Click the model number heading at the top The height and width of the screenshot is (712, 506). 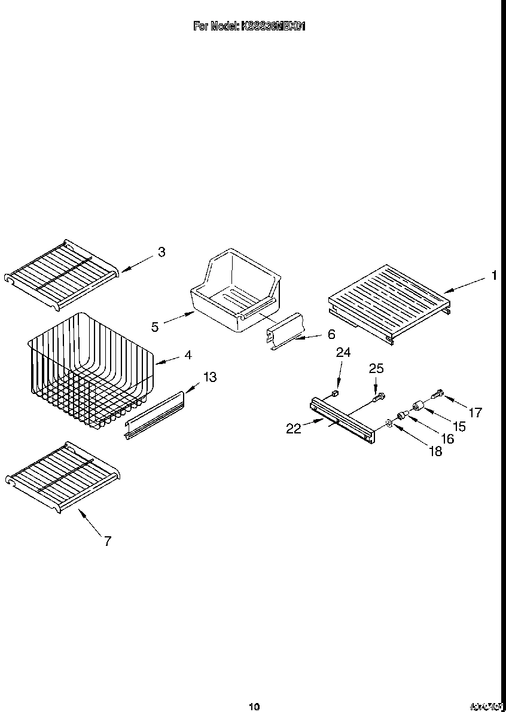[249, 26]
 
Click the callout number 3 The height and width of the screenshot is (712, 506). [161, 252]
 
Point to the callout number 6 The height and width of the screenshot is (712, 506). [331, 334]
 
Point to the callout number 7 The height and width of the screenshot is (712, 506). [107, 542]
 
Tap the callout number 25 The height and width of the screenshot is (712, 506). [375, 369]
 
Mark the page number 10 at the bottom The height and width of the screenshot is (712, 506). [254, 707]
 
